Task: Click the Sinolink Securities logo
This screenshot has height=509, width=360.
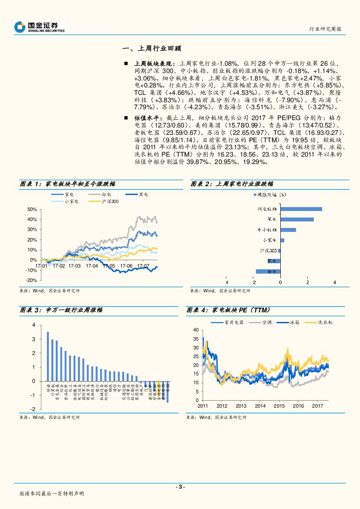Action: click(39, 27)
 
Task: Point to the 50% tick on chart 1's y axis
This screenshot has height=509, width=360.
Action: click(32, 209)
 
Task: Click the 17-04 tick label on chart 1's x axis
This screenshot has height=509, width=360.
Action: click(92, 265)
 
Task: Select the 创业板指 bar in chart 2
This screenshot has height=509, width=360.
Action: click(301, 209)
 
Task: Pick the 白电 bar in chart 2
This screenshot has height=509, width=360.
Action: click(268, 271)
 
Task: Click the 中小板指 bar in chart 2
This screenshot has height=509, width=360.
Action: click(288, 230)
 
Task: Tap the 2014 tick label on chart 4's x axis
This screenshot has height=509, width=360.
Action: click(260, 406)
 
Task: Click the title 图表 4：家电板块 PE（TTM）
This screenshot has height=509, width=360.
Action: click(229, 310)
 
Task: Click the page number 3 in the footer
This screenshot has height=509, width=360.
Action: click(180, 486)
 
